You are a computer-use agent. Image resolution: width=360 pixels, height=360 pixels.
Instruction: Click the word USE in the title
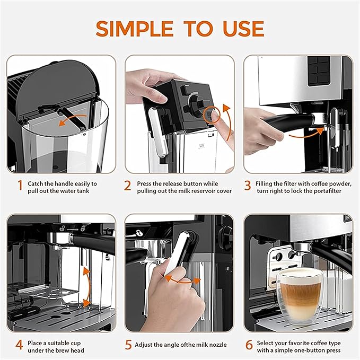[240, 29]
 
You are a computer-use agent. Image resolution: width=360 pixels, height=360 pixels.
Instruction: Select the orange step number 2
[128, 186]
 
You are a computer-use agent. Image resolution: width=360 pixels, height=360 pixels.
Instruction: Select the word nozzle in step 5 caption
[215, 345]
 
